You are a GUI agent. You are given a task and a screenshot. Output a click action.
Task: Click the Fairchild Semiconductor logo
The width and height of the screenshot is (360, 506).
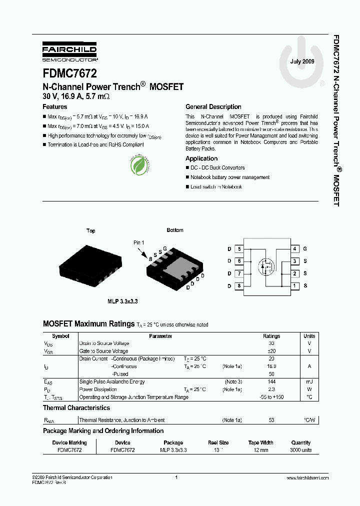69,50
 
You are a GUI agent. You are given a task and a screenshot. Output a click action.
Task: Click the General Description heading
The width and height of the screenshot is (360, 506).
213,106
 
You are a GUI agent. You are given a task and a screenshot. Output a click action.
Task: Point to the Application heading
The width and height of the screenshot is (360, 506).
201,158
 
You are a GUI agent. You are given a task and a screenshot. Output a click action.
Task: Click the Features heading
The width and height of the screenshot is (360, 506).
55,106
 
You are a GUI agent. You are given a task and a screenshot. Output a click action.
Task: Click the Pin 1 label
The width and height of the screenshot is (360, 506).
138,242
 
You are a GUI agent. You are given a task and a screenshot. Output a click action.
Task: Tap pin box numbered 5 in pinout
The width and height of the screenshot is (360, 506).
239,248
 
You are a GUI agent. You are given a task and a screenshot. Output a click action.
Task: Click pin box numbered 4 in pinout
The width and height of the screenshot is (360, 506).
295,248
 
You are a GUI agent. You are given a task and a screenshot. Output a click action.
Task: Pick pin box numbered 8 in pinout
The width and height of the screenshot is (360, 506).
239,286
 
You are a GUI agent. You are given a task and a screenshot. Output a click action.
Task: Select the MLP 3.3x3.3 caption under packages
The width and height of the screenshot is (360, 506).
122,301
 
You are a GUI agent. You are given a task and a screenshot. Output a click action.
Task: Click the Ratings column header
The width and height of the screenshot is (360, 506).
271,336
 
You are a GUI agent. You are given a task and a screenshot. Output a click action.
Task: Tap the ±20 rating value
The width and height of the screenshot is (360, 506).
271,351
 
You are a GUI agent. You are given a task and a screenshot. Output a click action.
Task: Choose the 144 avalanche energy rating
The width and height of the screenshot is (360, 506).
271,381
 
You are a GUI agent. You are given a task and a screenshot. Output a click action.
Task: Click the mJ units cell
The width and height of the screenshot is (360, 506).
309,381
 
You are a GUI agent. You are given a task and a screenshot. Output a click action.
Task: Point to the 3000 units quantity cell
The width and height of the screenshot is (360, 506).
301,450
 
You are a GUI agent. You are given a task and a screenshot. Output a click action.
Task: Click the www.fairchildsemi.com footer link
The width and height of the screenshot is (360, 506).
307,478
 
